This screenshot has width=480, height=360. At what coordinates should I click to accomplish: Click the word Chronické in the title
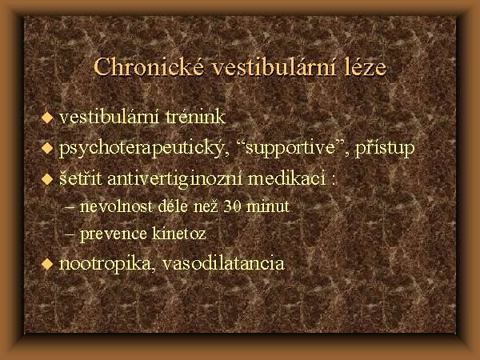tap(149, 66)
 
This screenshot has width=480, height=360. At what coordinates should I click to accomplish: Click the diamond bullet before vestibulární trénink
tap(47, 118)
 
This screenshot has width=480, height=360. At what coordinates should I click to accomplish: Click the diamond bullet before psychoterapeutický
tap(47, 148)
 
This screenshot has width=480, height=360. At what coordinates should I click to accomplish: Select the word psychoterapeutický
tap(144, 148)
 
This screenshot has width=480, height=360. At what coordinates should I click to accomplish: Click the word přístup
tap(385, 148)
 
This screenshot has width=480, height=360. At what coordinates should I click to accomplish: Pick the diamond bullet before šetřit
tap(47, 178)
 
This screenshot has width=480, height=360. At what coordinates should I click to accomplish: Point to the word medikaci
tap(286, 178)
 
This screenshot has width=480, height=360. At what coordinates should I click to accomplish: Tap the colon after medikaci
tap(333, 181)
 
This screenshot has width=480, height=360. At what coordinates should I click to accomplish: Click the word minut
tap(267, 206)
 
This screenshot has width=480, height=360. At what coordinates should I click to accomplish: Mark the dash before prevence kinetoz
tap(70, 234)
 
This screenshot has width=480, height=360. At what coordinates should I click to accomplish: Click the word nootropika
tap(105, 263)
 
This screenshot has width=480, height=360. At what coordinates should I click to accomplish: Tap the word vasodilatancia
tap(223, 263)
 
